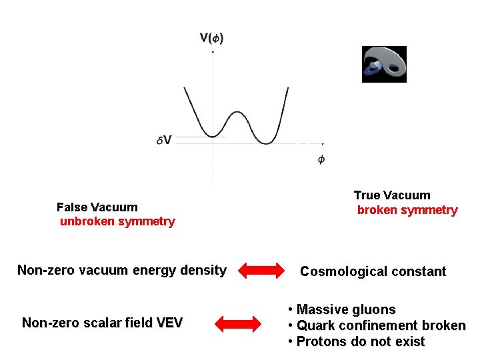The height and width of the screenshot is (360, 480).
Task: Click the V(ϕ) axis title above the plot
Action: tap(211, 38)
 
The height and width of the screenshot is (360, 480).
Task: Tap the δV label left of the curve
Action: tap(163, 140)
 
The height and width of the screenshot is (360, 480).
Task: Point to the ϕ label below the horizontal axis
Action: tap(321, 160)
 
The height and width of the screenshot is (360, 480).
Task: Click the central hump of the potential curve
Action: tap(238, 113)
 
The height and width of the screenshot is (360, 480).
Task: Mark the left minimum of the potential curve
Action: tap(211, 135)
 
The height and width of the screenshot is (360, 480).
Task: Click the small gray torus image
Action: tap(384, 64)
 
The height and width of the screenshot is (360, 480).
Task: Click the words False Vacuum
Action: tap(97, 207)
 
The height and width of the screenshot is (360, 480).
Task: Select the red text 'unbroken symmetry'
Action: tap(117, 221)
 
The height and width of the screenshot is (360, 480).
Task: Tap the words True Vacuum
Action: tap(392, 195)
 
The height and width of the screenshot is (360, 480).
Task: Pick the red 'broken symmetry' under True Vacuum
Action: tap(407, 210)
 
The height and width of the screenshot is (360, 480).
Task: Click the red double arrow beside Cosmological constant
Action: tap(261, 271)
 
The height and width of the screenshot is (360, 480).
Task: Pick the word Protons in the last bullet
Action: tap(319, 342)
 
